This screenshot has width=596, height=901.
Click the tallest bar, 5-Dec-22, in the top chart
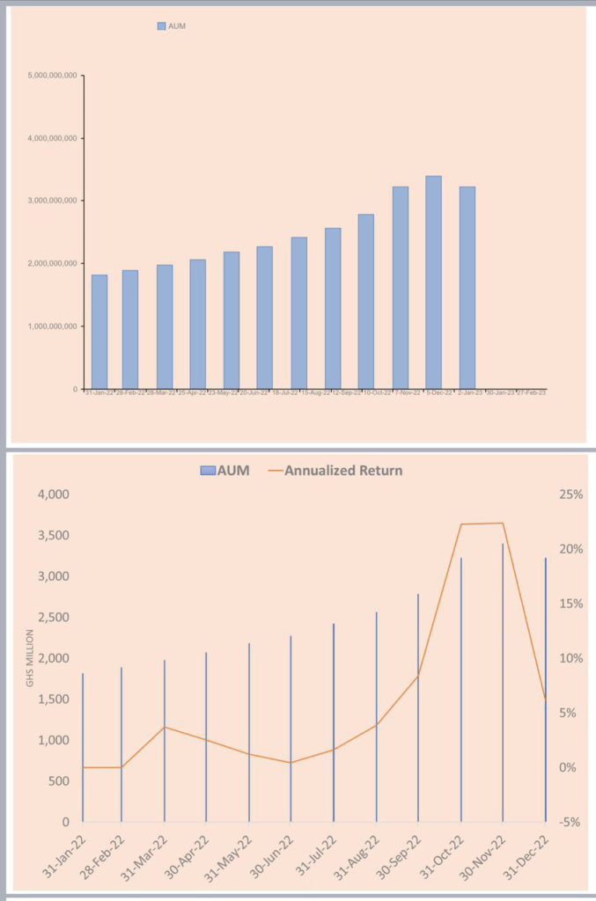click(x=433, y=282)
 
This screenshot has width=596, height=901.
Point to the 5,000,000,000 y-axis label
click(x=54, y=76)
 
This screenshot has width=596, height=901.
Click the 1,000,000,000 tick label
click(x=54, y=326)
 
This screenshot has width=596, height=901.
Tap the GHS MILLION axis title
click(x=29, y=657)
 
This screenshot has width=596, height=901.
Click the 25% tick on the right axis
click(x=571, y=494)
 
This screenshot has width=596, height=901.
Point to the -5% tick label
click(x=570, y=823)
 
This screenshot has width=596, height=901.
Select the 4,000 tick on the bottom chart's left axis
click(x=54, y=494)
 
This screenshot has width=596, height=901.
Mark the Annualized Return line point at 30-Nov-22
click(x=503, y=524)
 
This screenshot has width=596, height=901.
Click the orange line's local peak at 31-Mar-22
click(x=165, y=727)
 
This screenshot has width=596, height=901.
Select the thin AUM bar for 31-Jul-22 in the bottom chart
click(x=334, y=722)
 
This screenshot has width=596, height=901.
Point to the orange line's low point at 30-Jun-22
click(x=291, y=763)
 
